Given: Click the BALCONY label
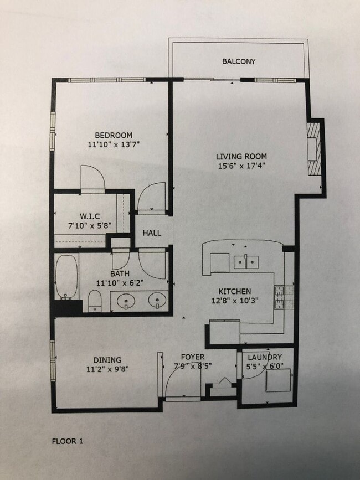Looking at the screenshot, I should tap(239, 61).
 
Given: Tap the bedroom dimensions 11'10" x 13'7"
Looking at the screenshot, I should tap(113, 146).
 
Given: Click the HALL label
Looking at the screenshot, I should tap(152, 233).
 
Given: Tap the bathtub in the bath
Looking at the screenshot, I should tap(66, 276).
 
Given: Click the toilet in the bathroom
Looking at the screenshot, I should tap(95, 301).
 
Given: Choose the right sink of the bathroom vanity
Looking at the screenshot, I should tap(158, 302).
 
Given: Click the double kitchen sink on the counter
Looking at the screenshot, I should tap(247, 261).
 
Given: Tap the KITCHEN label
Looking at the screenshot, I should tap(235, 291).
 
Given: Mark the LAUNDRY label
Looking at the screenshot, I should tap(264, 357).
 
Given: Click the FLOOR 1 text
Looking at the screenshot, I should tap(68, 441).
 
